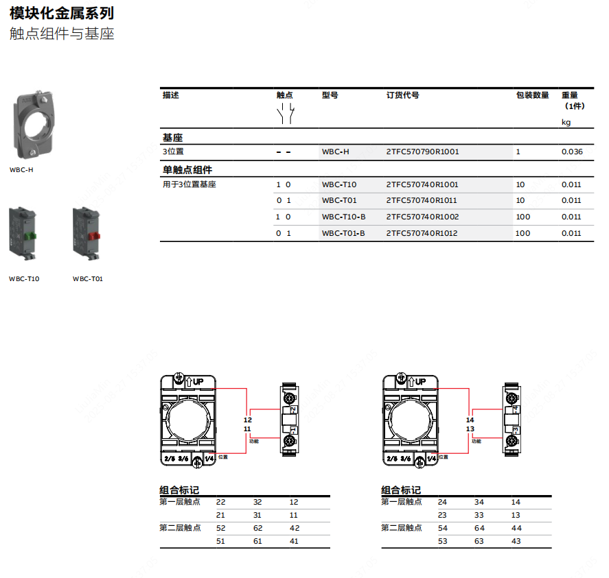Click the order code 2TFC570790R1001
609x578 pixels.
(422, 152)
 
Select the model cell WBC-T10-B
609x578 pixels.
(343, 217)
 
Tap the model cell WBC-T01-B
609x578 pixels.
(343, 233)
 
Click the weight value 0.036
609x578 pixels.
(572, 152)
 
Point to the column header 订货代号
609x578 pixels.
(402, 95)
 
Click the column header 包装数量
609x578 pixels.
(532, 95)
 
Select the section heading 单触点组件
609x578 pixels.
(187, 170)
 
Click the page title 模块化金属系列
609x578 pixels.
(62, 13)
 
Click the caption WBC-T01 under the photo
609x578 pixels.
(87, 279)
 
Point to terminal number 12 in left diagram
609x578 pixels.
(248, 420)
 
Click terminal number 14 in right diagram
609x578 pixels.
(470, 420)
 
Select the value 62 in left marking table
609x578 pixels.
(257, 528)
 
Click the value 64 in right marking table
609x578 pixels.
(479, 528)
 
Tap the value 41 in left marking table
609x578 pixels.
(294, 541)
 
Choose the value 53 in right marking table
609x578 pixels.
(442, 541)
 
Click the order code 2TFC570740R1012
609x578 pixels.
(422, 233)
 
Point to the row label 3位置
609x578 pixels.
(173, 152)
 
